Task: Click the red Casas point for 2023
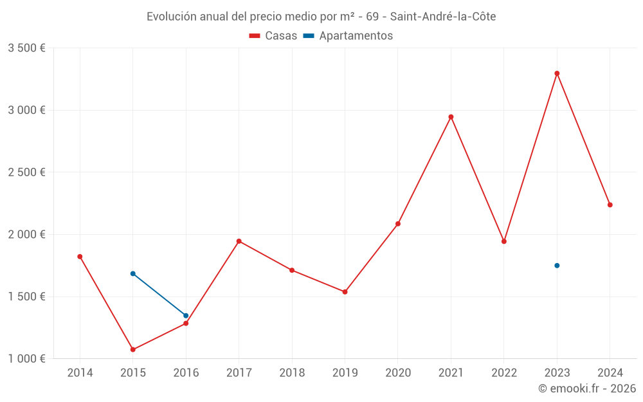point(557,73)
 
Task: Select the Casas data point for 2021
point(451,117)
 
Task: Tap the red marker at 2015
point(133,350)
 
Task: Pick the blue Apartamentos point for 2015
point(133,274)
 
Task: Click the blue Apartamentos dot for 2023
point(557,266)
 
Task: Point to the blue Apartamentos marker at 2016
point(186,316)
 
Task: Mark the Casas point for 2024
point(610,205)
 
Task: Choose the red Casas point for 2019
point(345,292)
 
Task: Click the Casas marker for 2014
point(80,257)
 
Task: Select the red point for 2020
point(398,224)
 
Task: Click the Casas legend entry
point(273,36)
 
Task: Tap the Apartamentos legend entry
point(348,36)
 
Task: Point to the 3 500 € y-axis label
point(26,48)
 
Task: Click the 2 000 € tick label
point(26,235)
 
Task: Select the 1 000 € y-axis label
point(26,359)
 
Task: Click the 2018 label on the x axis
point(292,373)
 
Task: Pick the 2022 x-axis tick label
point(504,373)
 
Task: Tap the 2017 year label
point(239,373)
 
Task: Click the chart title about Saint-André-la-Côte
point(321,17)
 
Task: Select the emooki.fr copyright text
point(587,388)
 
